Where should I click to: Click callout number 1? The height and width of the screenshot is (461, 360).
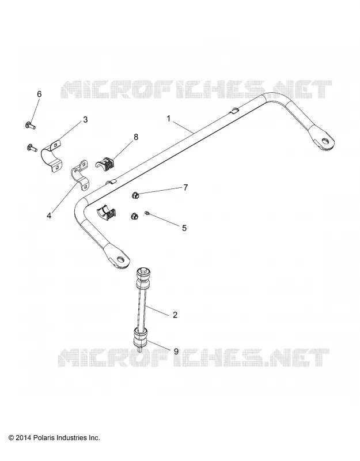tap(168, 119)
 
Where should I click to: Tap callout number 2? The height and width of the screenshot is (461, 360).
tap(175, 315)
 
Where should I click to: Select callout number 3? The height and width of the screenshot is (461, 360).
tap(85, 120)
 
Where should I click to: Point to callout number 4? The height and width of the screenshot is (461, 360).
tap(49, 216)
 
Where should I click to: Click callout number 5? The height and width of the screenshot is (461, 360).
tap(184, 228)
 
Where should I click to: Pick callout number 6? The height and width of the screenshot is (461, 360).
tap(39, 94)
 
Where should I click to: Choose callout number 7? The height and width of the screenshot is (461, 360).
tap(185, 187)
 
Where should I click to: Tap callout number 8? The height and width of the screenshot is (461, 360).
tap(135, 137)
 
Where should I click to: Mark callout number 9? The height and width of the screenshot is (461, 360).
tap(176, 352)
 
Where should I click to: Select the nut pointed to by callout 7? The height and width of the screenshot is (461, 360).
tap(135, 195)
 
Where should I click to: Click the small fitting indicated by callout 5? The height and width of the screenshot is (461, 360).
tap(147, 213)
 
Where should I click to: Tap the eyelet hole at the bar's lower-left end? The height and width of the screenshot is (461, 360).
tap(120, 259)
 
